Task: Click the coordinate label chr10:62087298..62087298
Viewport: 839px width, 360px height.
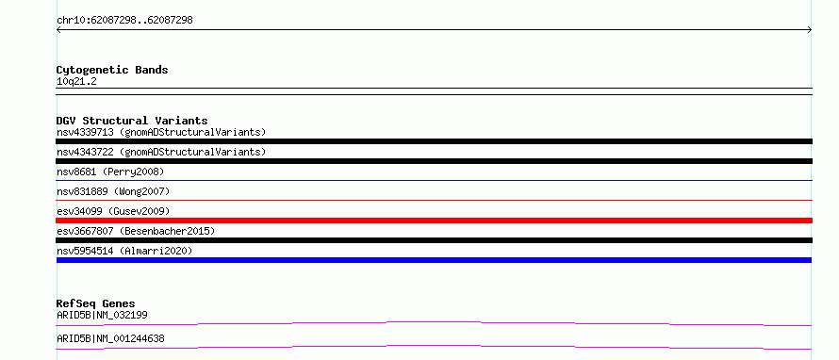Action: click(124, 21)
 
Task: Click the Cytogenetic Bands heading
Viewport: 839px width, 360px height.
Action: click(112, 70)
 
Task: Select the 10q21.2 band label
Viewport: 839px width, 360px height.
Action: click(76, 82)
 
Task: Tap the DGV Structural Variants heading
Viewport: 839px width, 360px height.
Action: click(132, 121)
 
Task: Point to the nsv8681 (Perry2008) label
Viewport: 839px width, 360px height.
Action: click(110, 172)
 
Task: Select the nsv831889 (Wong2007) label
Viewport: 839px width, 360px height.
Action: click(113, 191)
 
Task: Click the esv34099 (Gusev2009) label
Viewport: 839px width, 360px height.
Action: click(113, 211)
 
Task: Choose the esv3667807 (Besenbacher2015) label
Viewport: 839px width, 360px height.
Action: click(136, 231)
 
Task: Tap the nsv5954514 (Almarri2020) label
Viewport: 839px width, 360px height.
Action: click(124, 251)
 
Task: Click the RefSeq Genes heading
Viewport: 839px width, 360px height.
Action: click(95, 303)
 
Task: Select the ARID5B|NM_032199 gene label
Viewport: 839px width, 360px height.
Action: click(102, 315)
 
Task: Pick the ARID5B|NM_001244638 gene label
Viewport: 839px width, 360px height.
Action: click(110, 338)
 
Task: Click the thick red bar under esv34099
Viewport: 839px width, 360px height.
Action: click(434, 221)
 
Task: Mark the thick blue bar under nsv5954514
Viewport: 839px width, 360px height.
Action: click(434, 260)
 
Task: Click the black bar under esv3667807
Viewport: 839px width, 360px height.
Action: click(434, 240)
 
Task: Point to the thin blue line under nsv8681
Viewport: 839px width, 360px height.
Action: click(434, 181)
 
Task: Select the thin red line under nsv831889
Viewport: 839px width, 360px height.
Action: click(434, 201)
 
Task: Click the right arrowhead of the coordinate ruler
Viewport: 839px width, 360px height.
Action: click(811, 30)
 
